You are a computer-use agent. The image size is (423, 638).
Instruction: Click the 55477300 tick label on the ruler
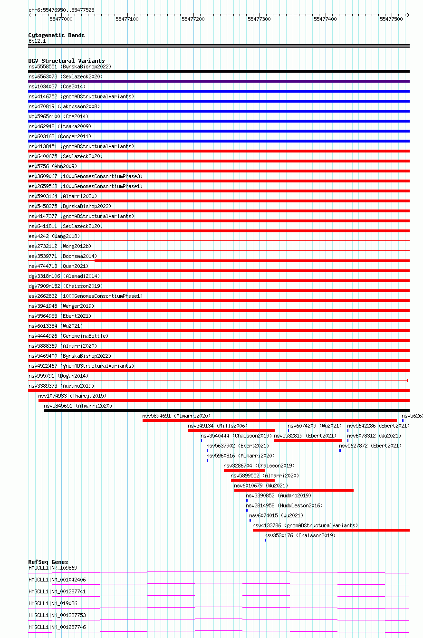pyautogui.click(x=259, y=19)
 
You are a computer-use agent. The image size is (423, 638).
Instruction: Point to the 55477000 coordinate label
pyautogui.click(x=61, y=19)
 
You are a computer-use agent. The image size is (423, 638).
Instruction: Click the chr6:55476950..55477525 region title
pyautogui.click(x=61, y=10)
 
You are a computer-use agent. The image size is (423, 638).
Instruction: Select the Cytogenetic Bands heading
pyautogui.click(x=57, y=35)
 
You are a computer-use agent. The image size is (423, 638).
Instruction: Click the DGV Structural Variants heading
pyautogui.click(x=67, y=61)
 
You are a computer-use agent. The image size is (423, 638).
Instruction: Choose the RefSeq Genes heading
pyautogui.click(x=48, y=562)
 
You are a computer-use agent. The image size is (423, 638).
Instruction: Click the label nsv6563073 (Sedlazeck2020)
pyautogui.click(x=66, y=76)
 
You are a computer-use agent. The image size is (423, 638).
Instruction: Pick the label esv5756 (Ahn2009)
pyautogui.click(x=53, y=166)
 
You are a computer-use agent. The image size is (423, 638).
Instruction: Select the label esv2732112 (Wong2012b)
pyautogui.click(x=60, y=246)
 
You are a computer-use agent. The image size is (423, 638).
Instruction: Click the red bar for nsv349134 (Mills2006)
pyautogui.click(x=231, y=430)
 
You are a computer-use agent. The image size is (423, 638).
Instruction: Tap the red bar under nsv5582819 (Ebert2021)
pyautogui.click(x=308, y=440)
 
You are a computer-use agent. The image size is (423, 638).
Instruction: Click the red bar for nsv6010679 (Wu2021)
pyautogui.click(x=294, y=490)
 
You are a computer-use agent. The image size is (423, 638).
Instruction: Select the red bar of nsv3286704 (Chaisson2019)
pyautogui.click(x=244, y=470)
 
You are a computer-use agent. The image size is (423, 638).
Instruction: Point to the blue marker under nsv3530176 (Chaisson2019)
pyautogui.click(x=265, y=540)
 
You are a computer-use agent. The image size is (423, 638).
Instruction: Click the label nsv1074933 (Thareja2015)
pyautogui.click(x=72, y=396)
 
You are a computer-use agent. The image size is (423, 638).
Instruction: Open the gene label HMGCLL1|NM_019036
pyautogui.click(x=53, y=603)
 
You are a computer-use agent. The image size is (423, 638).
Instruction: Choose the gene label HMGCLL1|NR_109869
pyautogui.click(x=53, y=568)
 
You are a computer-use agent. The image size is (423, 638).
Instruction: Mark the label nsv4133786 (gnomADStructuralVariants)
pyautogui.click(x=305, y=525)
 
